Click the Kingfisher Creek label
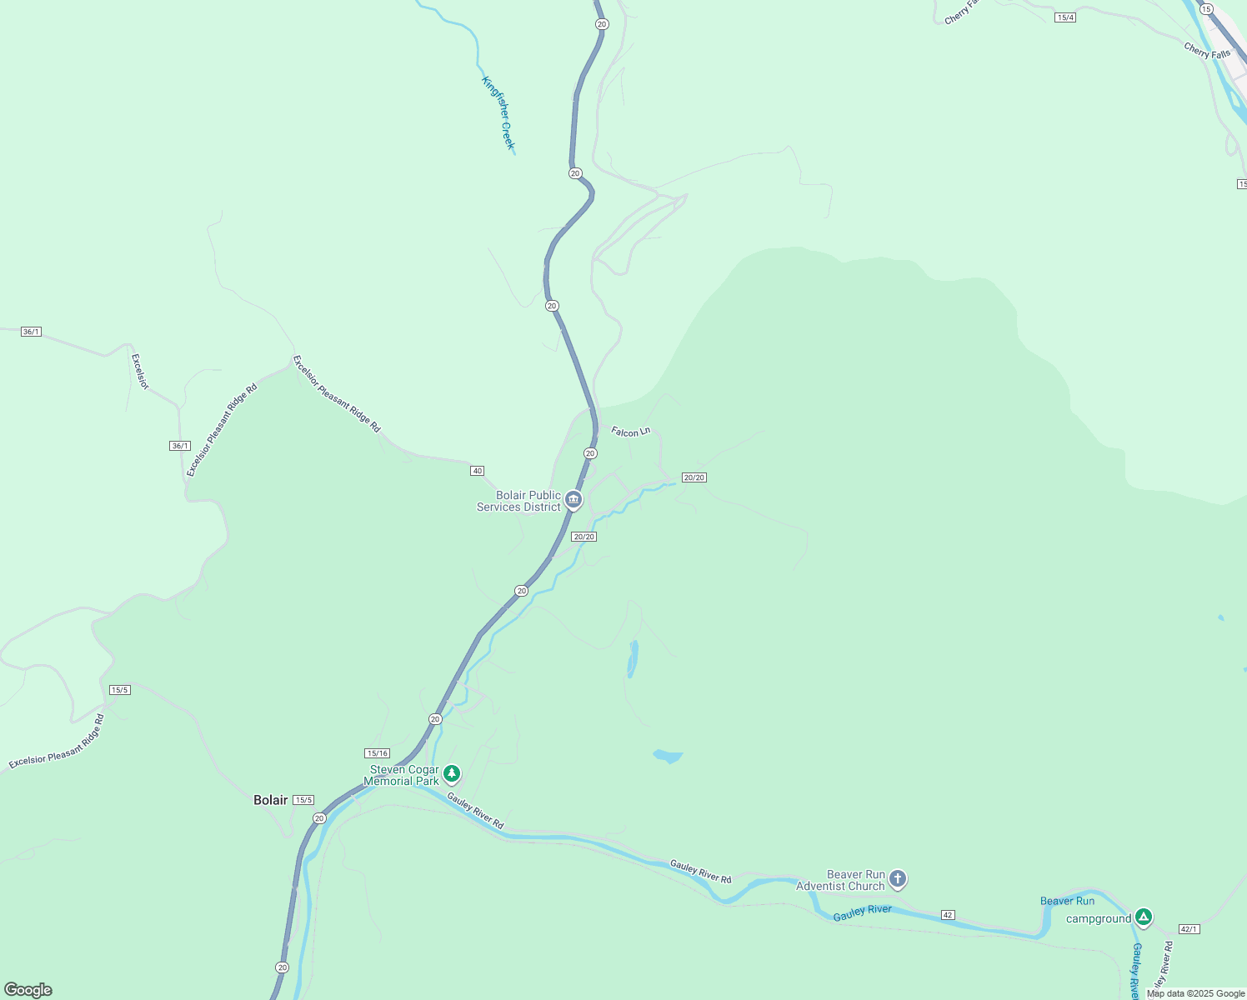(x=498, y=113)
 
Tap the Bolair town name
(x=270, y=800)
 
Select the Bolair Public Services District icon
(x=573, y=500)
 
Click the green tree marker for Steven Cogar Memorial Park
(x=452, y=774)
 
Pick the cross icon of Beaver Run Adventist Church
(x=897, y=878)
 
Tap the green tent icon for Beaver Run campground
(x=1144, y=917)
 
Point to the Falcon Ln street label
(x=630, y=432)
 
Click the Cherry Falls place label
(x=1207, y=51)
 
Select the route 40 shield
(x=477, y=471)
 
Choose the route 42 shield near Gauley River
(x=948, y=915)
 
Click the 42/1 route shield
(x=1189, y=929)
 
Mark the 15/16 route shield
(x=378, y=753)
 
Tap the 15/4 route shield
(x=1064, y=17)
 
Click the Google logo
(x=28, y=990)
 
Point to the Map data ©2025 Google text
(x=1195, y=993)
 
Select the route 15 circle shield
(x=1206, y=8)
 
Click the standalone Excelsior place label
(x=140, y=372)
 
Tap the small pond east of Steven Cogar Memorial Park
(x=668, y=757)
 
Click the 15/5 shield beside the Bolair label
(x=303, y=800)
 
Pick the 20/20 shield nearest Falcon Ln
(x=694, y=477)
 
